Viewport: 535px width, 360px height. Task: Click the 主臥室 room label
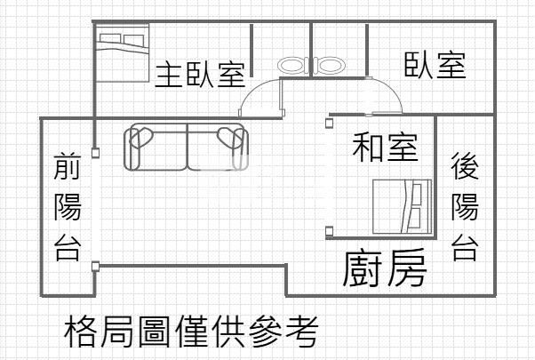200,75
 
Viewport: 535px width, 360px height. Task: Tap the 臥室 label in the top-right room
435,65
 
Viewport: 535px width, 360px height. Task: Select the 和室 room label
385,147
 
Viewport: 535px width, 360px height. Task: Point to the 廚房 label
385,268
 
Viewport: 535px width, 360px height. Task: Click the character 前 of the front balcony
68,166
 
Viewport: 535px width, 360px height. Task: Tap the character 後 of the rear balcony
465,166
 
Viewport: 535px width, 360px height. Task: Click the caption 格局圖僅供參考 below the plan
191,332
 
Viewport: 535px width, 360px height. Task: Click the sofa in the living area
187,147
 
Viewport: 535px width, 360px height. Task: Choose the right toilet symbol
331,66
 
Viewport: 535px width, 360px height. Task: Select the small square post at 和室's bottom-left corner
330,232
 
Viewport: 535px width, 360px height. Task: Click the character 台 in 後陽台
465,246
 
